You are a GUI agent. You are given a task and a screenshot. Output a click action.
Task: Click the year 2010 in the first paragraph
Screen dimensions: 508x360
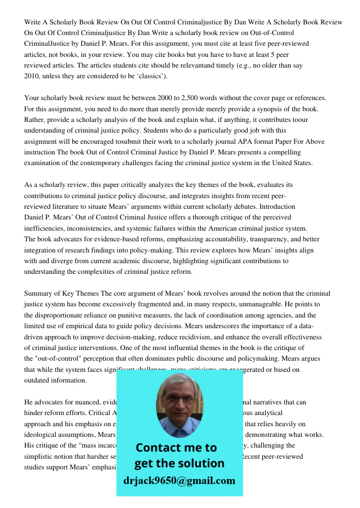(32, 76)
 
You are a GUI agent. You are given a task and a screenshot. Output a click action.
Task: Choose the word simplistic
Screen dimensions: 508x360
(40, 456)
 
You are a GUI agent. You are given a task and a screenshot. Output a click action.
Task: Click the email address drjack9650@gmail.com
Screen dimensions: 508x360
(179, 481)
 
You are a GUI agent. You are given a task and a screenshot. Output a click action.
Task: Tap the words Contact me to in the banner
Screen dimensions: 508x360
(176, 448)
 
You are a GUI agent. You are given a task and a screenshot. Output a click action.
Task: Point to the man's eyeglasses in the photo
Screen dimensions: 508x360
(180, 400)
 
